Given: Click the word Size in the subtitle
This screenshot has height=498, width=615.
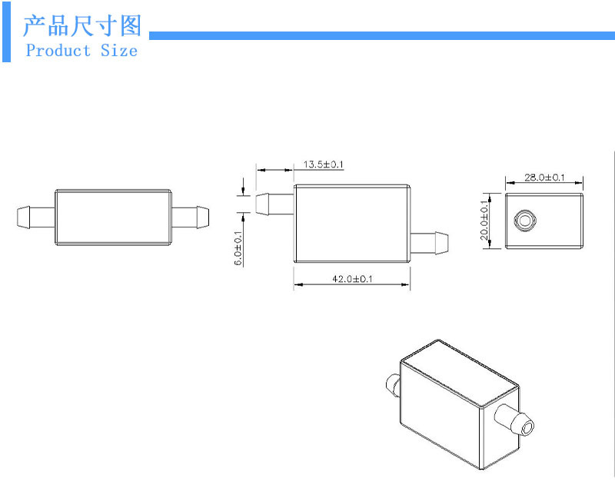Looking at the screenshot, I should [x=119, y=51].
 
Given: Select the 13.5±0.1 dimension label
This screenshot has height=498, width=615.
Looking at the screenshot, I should [x=323, y=164].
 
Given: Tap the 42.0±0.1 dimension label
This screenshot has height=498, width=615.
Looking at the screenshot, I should [x=351, y=279].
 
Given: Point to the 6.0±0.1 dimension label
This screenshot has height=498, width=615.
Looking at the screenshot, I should [x=238, y=248].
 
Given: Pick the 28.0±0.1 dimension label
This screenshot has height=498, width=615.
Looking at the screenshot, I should [x=544, y=178].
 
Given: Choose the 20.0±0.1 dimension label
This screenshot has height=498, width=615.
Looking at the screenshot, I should [x=484, y=221].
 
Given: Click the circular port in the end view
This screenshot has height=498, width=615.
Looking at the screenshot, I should [x=525, y=221].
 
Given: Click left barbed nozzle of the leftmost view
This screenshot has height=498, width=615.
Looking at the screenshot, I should [x=35, y=216].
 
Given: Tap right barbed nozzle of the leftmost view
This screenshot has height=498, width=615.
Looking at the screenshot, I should [x=190, y=216].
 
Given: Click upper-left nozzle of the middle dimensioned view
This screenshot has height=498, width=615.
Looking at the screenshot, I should [x=274, y=204].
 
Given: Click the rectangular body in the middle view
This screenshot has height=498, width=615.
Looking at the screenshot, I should [x=351, y=223].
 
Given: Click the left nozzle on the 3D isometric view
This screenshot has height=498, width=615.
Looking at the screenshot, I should [x=392, y=382].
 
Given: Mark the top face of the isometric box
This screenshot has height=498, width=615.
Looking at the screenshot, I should [x=460, y=373].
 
